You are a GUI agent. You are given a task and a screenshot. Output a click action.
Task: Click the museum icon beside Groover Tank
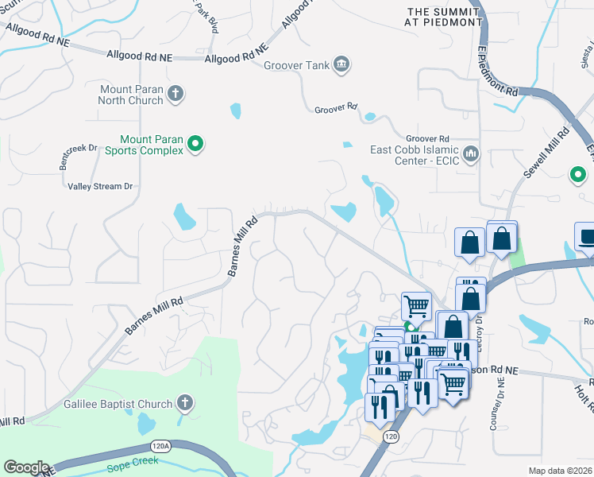coord(341,64)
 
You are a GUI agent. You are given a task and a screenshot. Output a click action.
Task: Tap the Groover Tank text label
coord(296,64)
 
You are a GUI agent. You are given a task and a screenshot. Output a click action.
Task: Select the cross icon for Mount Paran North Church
coord(175,95)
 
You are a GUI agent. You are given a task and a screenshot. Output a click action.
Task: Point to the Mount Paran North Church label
coord(131,95)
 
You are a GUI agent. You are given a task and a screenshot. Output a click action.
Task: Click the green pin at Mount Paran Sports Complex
coord(195,145)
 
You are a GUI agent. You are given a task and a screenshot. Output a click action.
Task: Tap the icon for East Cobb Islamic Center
coord(471,152)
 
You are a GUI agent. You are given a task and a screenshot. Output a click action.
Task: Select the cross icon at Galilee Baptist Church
coord(185,403)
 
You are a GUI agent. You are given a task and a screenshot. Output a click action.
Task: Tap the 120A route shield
coord(163,447)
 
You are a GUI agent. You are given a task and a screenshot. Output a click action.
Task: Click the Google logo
coord(26,467)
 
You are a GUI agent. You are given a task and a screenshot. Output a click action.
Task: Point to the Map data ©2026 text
coord(559,471)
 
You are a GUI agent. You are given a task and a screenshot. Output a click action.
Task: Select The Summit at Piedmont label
coord(444,17)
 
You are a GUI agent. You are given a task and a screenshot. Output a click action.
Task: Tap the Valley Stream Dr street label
coord(99,186)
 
